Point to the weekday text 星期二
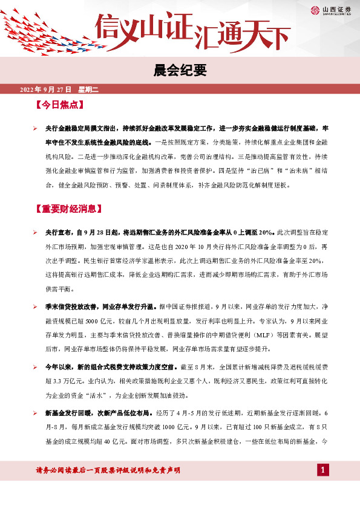point(88,89)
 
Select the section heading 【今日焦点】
point(59,105)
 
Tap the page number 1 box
point(324,470)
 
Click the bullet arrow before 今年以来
point(36,368)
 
